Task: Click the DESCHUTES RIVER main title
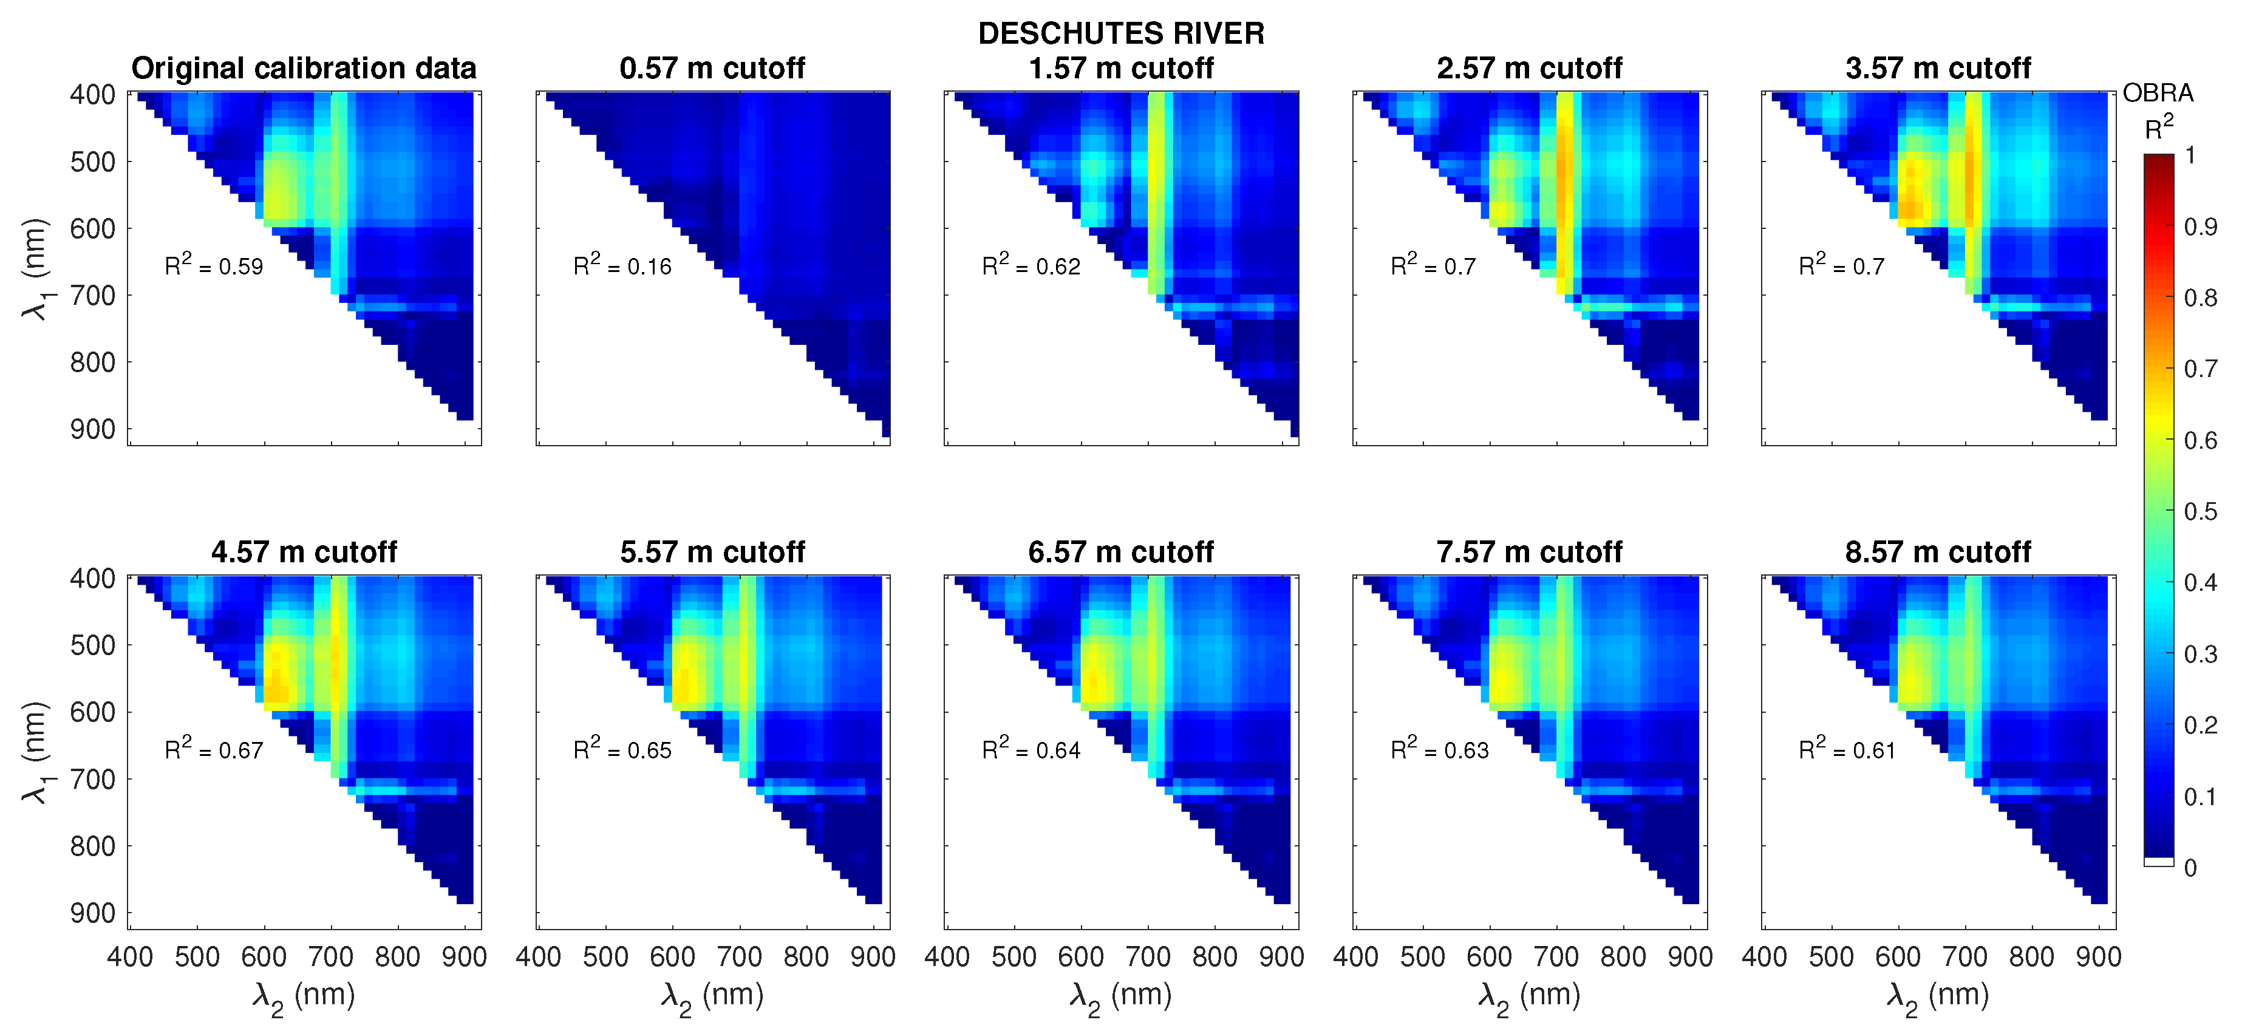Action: (1120, 33)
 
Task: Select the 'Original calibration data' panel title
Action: (304, 68)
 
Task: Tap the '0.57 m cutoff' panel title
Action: (712, 68)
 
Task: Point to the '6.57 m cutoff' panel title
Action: (1120, 551)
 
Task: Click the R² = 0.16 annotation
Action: (622, 265)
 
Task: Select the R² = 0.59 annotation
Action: (214, 265)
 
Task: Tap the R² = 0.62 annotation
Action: (1031, 265)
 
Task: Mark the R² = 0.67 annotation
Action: (214, 749)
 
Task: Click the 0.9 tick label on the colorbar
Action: (2200, 227)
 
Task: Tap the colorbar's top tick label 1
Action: (2190, 155)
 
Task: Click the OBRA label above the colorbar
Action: (2158, 93)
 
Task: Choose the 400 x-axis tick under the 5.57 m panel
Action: (538, 957)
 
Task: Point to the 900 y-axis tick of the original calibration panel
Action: (92, 429)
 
